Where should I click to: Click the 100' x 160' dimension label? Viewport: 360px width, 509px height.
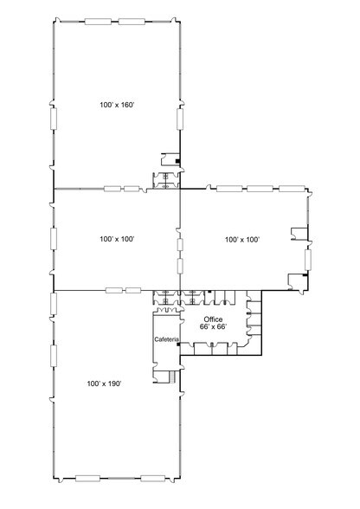coord(117,105)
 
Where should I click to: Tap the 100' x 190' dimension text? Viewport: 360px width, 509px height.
coord(104,382)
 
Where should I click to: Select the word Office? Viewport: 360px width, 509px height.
coord(212,319)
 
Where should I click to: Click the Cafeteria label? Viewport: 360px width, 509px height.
coord(165,338)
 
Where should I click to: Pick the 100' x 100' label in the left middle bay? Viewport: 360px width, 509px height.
coord(117,238)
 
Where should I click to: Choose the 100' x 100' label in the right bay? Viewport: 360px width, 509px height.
coord(242,238)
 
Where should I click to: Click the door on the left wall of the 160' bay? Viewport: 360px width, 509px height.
coord(54,117)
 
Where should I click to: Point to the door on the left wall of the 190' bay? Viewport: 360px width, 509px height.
coord(54,355)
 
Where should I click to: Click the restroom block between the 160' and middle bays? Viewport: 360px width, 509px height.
coord(165,179)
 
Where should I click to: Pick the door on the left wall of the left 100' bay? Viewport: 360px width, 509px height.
coord(54,237)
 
